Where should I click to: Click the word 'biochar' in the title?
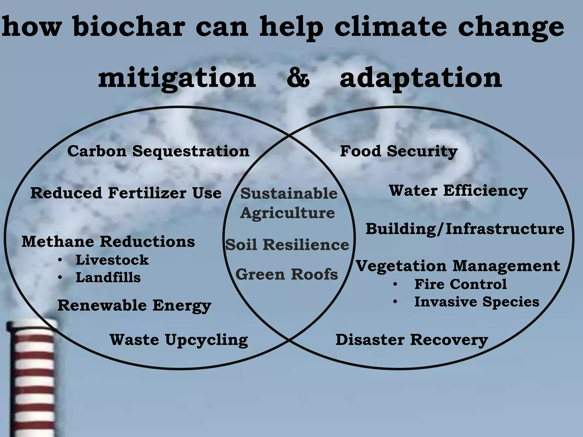pos(128,27)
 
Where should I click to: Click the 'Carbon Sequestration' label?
pos(158,151)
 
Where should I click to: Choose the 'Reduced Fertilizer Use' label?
pos(126,193)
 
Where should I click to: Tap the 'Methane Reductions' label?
pos(108,242)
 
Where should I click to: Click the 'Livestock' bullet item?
pos(112,260)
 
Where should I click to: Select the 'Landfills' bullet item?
pos(108,277)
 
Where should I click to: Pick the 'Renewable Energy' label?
pos(134,306)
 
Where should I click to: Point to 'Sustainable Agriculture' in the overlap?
pos(289,203)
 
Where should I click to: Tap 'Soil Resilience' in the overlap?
pos(287,245)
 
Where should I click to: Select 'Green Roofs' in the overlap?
pos(287,274)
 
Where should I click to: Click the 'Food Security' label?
pos(399,151)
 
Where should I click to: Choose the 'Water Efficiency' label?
pos(458,191)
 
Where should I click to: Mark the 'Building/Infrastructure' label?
pos(465,229)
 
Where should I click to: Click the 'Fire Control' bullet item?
pos(460,284)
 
